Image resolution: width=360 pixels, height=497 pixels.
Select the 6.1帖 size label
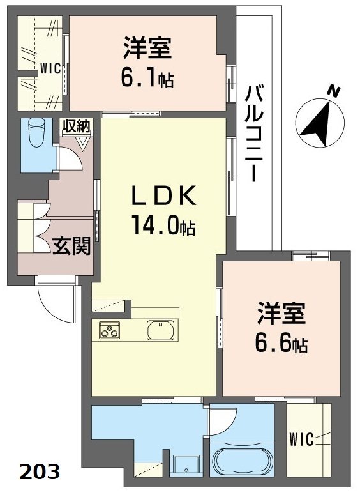pyautogui.click(x=147, y=78)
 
